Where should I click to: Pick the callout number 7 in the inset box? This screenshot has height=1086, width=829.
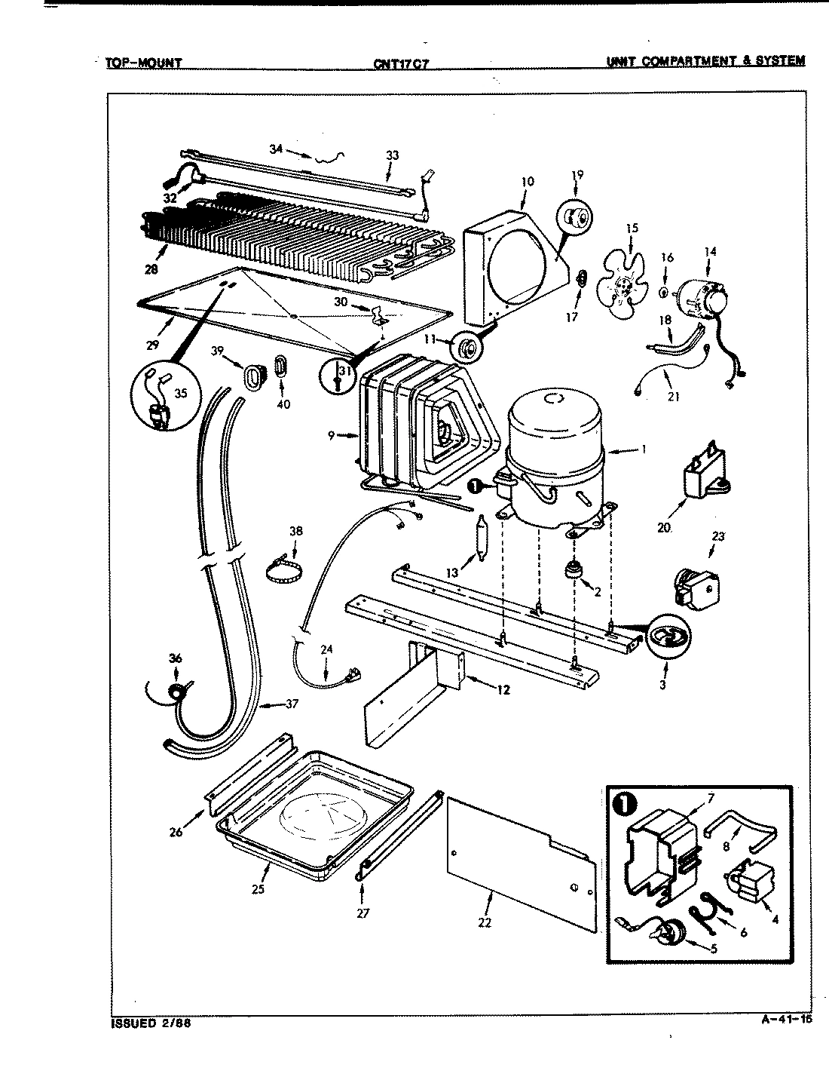tap(711, 797)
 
